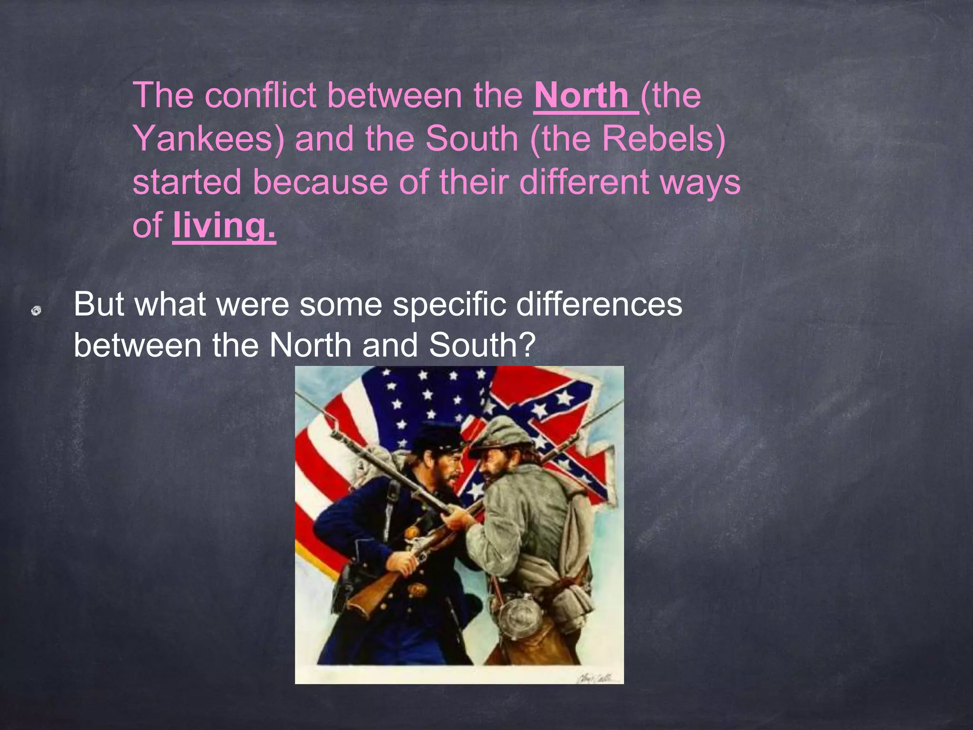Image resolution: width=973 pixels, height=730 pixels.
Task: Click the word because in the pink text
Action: (320, 182)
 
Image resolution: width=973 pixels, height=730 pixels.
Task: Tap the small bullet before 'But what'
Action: (36, 311)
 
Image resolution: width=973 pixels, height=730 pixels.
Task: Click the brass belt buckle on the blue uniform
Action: (418, 590)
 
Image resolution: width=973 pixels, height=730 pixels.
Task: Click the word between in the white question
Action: (138, 346)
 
